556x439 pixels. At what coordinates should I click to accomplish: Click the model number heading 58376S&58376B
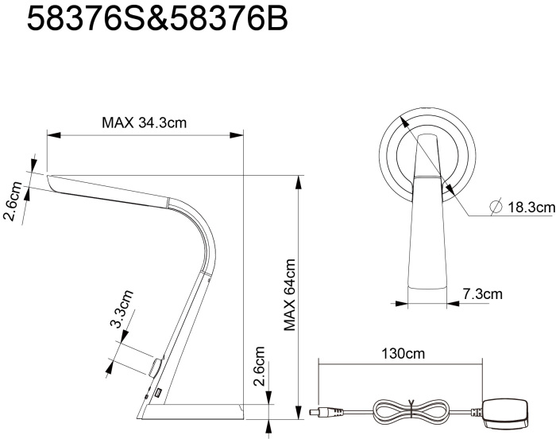157,19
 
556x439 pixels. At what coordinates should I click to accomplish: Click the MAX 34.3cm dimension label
144,122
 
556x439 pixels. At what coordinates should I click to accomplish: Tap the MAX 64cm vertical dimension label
290,295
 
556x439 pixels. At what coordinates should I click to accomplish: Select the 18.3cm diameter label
531,207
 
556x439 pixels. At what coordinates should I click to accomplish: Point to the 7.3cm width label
483,294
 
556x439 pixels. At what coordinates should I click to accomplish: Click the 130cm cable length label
403,354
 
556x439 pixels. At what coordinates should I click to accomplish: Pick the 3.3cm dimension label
122,309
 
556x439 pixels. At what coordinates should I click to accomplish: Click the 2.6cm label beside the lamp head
13,201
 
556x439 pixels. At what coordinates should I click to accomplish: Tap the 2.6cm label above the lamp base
259,366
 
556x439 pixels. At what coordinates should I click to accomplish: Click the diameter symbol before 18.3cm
496,207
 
